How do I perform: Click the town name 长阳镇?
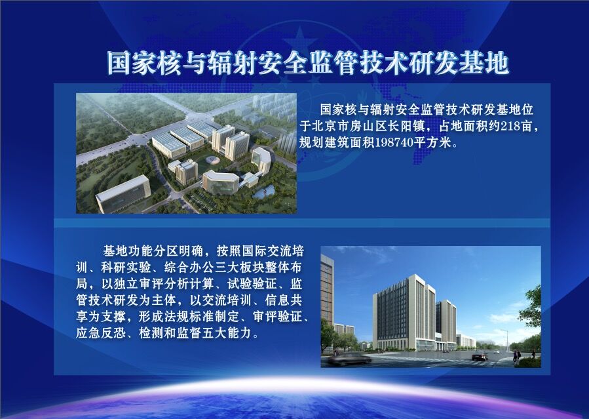coord(406,127)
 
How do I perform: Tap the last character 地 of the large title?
coord(497,62)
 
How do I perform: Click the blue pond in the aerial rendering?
coord(263,193)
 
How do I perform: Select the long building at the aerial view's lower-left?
coord(123,194)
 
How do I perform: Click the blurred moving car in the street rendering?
coord(350,359)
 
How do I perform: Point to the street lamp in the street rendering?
coord(506,340)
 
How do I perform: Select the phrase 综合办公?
coord(189,267)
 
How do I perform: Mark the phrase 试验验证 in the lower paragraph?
coord(252,284)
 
